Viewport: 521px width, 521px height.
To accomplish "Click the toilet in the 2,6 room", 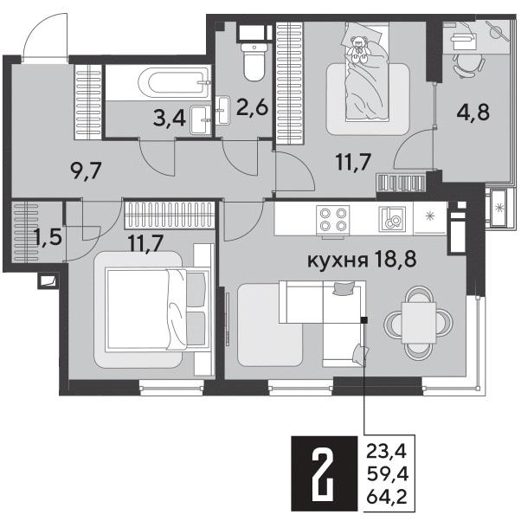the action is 254,61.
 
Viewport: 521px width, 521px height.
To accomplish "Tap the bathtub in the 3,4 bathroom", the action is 175,81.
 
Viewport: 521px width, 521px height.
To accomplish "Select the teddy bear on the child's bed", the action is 358,49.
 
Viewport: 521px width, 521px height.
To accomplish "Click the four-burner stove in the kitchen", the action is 332,220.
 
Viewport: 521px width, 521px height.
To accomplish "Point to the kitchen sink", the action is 392,219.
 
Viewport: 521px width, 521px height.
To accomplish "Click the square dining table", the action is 418,323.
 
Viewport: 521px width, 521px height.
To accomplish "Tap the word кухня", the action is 338,260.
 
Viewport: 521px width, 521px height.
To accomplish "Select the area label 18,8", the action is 395,260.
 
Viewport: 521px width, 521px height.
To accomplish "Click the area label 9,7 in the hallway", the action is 86,171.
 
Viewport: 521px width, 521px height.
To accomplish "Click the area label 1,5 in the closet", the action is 48,238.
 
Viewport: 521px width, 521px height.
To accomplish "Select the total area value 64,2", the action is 387,498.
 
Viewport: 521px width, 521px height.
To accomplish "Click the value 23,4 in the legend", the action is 387,452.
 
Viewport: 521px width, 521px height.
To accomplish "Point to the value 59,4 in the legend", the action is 387,474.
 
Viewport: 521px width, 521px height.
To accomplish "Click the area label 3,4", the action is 169,119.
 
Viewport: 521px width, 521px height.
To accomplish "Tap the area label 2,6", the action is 252,107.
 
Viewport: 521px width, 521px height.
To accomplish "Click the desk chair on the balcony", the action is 468,64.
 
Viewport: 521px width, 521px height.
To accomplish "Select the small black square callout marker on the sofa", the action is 364,320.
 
